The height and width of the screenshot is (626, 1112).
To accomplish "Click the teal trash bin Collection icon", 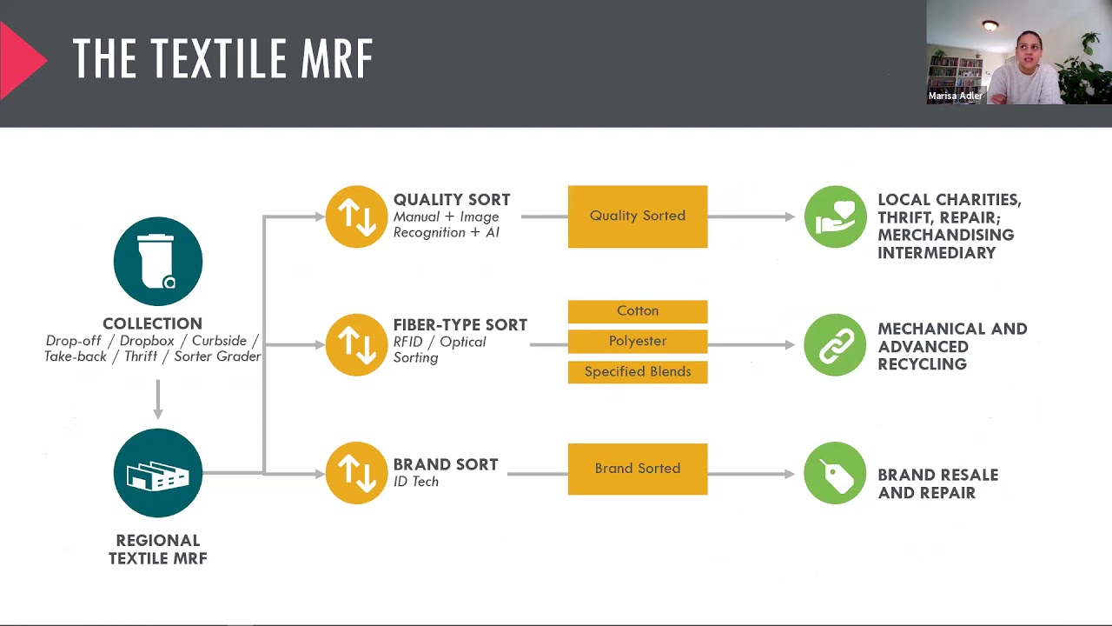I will pos(158,261).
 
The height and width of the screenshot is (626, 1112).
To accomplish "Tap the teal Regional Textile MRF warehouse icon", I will pos(158,473).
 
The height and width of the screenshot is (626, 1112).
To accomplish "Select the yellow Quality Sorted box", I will pos(638,216).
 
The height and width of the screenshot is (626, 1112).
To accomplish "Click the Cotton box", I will pos(638,311).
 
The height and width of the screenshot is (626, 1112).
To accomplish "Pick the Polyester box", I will pos(638,342).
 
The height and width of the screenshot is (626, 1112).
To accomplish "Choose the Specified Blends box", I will pos(638,372).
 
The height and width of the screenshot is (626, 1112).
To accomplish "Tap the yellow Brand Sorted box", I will pos(638,469).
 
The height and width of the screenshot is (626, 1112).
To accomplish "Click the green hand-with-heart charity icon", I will pos(835,216).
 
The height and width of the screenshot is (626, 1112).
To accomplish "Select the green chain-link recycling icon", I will pos(835,344).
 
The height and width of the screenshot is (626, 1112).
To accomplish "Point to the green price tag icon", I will pos(835,473).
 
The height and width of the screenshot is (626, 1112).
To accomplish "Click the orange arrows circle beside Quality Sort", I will pos(356,216).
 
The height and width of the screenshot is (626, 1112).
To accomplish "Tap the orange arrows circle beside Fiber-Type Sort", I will pos(356,344).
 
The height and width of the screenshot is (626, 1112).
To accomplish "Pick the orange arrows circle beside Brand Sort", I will pos(356,473).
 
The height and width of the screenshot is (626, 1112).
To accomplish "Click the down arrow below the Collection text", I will pos(158,400).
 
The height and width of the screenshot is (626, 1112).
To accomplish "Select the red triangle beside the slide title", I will pos(21,59).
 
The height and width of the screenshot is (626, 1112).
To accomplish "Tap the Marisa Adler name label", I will pos(956,97).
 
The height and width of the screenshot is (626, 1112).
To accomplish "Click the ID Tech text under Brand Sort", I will pos(416,482).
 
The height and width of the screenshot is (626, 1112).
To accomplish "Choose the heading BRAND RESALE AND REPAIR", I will pos(937,483).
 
